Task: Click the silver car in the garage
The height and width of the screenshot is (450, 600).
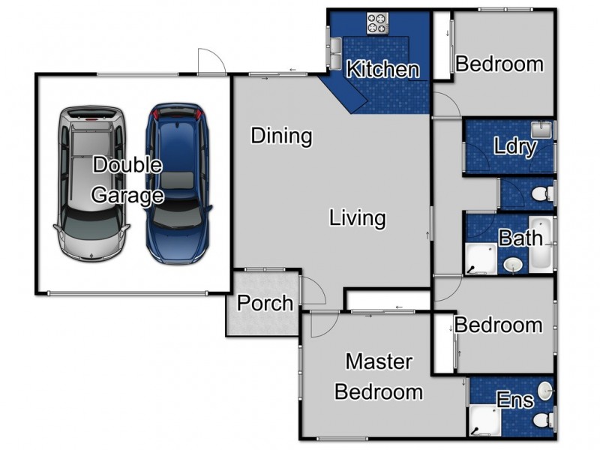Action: pos(91,184)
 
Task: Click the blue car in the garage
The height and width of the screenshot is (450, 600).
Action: pos(178,184)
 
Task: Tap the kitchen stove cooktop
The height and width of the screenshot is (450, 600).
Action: pos(378,23)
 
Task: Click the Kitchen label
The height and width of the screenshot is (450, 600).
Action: pos(382,69)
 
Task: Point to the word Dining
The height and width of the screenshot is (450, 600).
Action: pos(282,136)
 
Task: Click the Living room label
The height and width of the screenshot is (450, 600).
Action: pos(358,218)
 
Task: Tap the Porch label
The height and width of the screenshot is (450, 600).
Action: pos(265,303)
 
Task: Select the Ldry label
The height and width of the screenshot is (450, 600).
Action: pos(515,146)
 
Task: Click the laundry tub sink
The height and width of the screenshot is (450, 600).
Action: pos(541,130)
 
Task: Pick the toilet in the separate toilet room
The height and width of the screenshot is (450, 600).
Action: pos(542,193)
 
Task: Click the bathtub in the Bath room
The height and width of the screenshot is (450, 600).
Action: pos(541,244)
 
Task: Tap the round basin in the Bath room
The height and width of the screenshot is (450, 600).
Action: pos(513,265)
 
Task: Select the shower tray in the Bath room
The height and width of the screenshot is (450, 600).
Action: pos(481,259)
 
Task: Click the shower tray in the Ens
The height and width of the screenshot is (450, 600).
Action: pos(484,421)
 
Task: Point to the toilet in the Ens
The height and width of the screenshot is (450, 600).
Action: pos(543,419)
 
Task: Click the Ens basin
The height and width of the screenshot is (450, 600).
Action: pos(545,391)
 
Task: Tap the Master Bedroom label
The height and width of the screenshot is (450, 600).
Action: pos(379,377)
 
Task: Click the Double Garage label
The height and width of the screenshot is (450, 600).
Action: pos(127,180)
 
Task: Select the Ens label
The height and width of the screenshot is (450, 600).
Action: pos(515,400)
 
